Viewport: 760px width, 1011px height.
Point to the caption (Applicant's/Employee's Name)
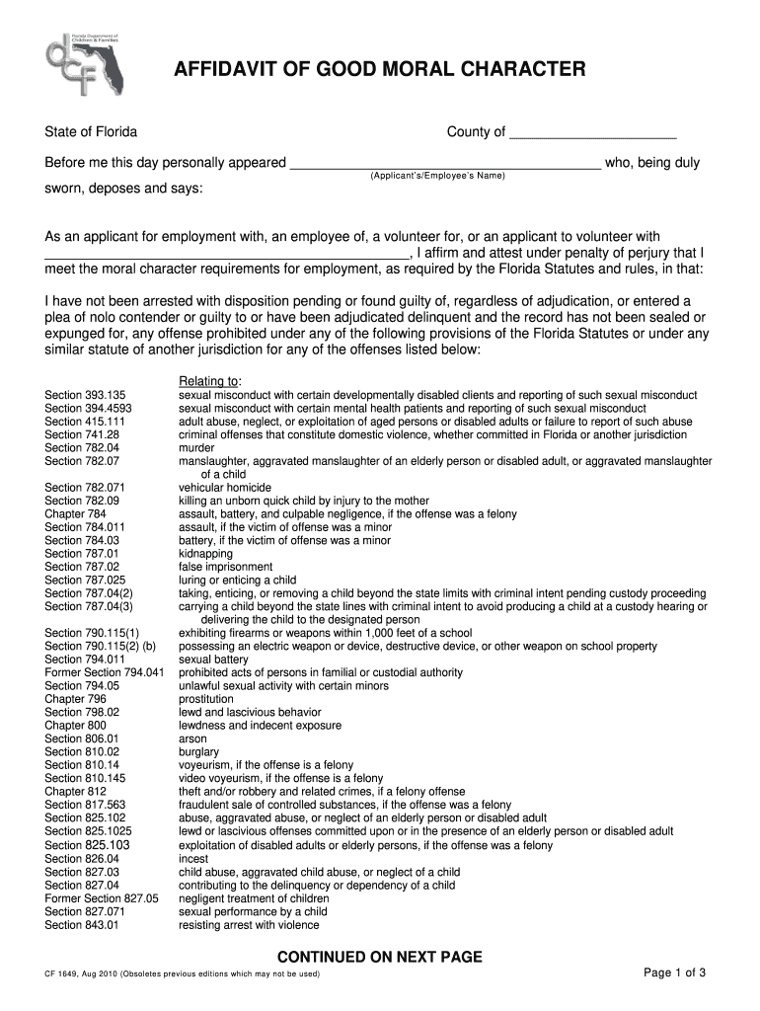[437, 176]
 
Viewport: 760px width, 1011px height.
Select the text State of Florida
[91, 132]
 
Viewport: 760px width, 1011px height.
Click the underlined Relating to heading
[209, 381]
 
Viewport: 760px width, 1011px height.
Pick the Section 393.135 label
[86, 395]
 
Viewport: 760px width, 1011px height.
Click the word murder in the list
[197, 447]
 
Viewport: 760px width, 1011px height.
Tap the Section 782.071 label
[86, 487]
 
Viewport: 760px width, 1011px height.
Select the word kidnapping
[205, 554]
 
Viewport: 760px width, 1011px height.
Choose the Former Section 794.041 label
[105, 672]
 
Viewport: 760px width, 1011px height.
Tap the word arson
[192, 739]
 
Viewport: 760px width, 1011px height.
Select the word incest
[193, 859]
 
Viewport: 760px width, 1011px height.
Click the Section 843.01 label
[82, 925]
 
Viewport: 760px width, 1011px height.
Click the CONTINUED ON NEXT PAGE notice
[379, 957]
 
